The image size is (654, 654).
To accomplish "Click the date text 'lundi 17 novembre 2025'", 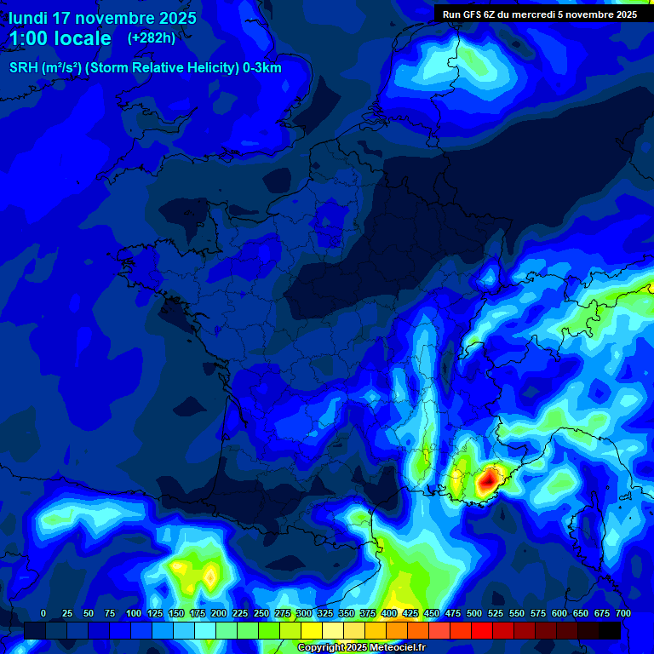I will [102, 18].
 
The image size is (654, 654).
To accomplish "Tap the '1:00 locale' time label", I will [60, 38].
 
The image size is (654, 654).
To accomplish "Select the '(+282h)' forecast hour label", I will [151, 38].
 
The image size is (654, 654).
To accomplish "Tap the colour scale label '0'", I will [43, 614].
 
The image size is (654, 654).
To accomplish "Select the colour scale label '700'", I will [622, 614].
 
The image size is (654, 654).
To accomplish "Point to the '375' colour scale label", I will [367, 614].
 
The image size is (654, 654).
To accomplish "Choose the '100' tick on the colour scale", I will [133, 614].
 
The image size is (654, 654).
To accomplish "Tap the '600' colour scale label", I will [559, 614].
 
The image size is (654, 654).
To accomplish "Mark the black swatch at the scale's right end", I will [610, 630].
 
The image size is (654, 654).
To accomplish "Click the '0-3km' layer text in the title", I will [261, 68].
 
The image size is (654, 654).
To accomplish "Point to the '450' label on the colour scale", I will [431, 614].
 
